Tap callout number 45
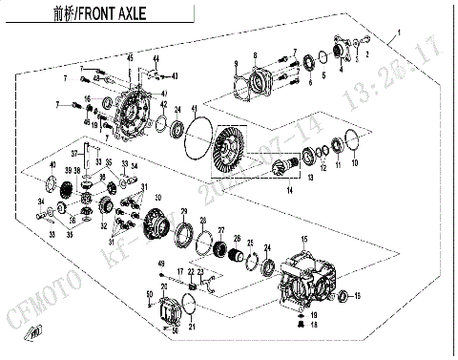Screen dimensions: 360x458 (x=130, y=59)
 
